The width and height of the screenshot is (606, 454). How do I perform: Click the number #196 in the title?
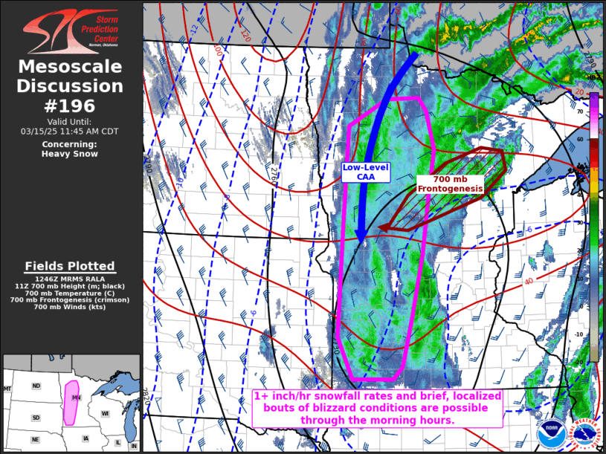point(71,106)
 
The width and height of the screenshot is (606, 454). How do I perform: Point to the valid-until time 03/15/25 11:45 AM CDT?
point(70,132)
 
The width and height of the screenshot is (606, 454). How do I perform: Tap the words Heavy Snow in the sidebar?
point(70,154)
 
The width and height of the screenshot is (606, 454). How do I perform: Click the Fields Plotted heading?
point(70,266)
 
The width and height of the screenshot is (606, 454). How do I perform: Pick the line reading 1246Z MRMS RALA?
point(70,279)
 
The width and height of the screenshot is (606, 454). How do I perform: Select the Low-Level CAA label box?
point(366,172)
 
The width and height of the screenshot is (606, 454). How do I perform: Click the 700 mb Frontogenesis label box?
point(450,184)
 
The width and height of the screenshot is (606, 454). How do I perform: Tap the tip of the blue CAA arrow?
point(360,241)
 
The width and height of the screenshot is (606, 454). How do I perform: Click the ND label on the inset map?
point(35,386)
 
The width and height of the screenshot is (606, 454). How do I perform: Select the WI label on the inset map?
point(105,413)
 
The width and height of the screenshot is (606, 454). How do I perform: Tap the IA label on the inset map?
point(86,438)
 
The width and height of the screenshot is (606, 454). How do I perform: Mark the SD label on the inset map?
point(35,418)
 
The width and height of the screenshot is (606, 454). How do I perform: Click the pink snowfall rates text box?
point(378,409)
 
